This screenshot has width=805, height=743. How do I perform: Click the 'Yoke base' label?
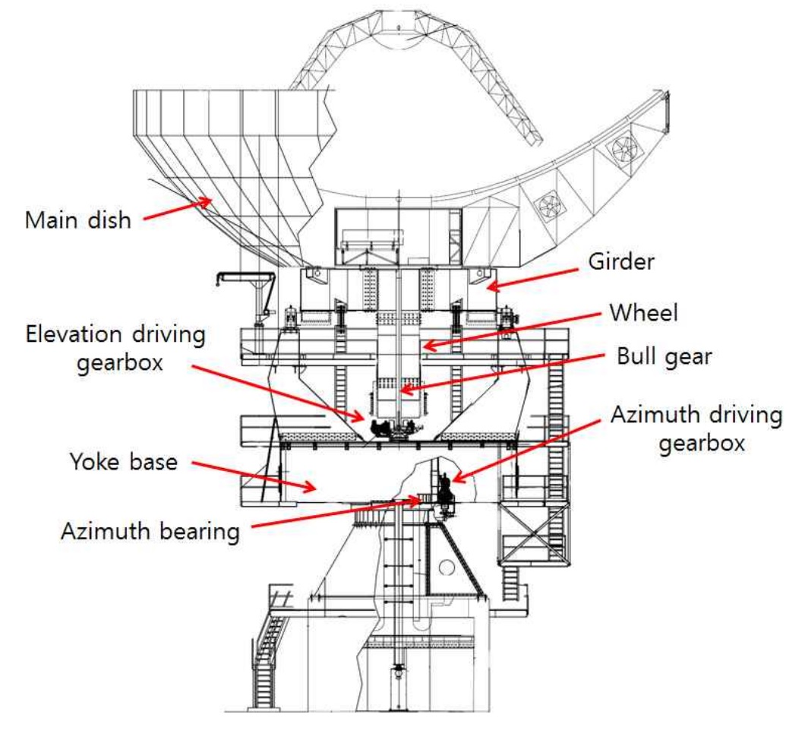[x=124, y=460]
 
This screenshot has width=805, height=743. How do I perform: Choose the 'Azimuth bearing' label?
[x=150, y=530]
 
